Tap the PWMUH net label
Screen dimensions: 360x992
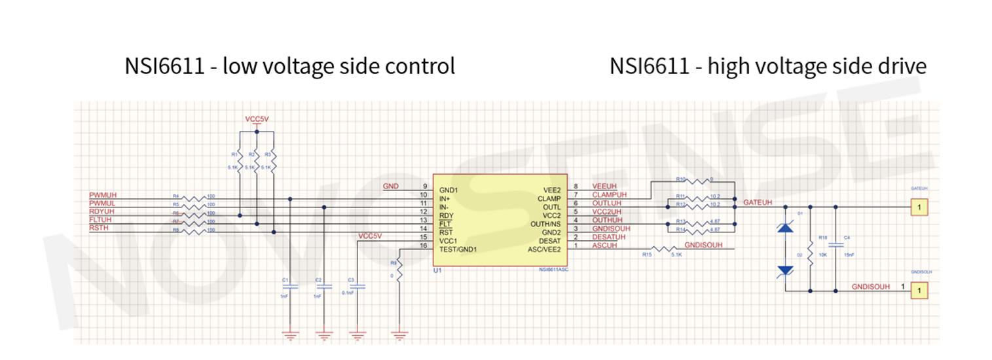pyautogui.click(x=103, y=196)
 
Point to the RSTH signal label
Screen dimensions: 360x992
pyautogui.click(x=100, y=229)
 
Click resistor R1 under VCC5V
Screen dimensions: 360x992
pyautogui.click(x=240, y=161)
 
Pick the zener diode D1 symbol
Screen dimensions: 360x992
pyautogui.click(x=786, y=227)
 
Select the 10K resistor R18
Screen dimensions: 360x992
pyautogui.click(x=810, y=249)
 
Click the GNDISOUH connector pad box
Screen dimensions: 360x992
pyautogui.click(x=919, y=289)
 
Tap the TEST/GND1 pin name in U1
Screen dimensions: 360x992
pyautogui.click(x=458, y=249)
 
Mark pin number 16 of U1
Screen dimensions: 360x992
pyautogui.click(x=423, y=245)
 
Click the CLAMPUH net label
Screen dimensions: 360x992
pyautogui.click(x=609, y=195)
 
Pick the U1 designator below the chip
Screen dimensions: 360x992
pyautogui.click(x=439, y=270)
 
